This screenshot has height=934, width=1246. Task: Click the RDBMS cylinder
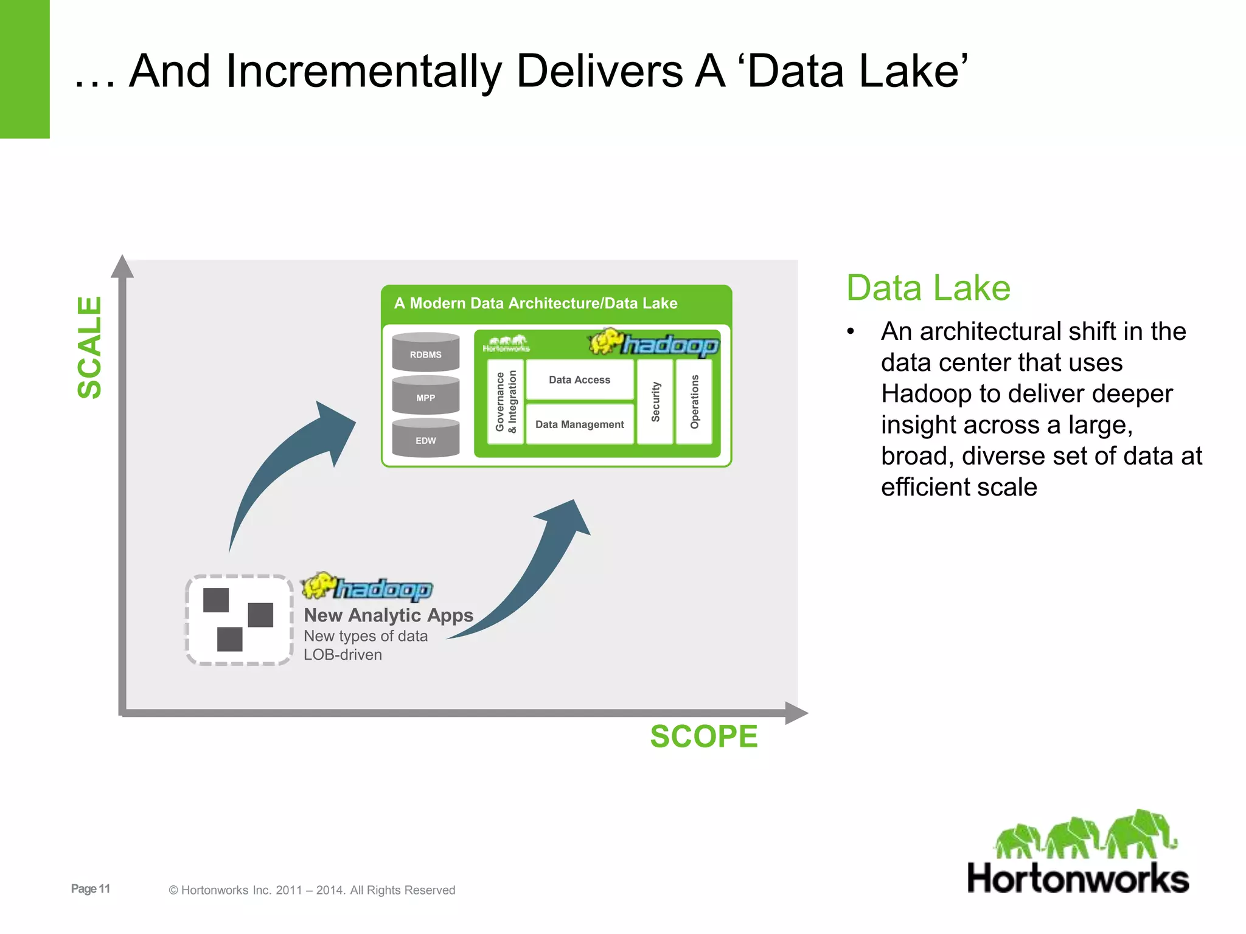pyautogui.click(x=425, y=353)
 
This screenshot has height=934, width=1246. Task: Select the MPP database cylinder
pyautogui.click(x=425, y=396)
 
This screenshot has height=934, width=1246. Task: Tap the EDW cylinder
pyautogui.click(x=425, y=439)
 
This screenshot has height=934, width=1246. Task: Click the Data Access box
pyautogui.click(x=579, y=379)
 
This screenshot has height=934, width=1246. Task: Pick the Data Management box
pyautogui.click(x=579, y=424)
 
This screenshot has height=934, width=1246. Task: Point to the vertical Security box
pyautogui.click(x=655, y=401)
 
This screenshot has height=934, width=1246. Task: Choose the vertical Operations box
pyautogui.click(x=694, y=401)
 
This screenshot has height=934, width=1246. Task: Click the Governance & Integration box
pyautogui.click(x=506, y=401)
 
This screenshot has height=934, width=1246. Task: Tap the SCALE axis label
pyautogui.click(x=89, y=347)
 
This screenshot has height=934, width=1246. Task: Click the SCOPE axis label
pyautogui.click(x=704, y=736)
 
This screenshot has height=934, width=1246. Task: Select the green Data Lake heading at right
pyautogui.click(x=928, y=288)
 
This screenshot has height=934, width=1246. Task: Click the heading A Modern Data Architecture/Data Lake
pyautogui.click(x=535, y=303)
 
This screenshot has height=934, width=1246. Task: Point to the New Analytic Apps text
pyautogui.click(x=388, y=615)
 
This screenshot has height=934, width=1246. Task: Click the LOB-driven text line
pyautogui.click(x=343, y=655)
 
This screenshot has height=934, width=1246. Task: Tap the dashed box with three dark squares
pyautogui.click(x=238, y=620)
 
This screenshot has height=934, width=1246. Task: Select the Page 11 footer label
pyautogui.click(x=91, y=888)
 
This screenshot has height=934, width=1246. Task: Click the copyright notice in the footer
pyautogui.click(x=311, y=890)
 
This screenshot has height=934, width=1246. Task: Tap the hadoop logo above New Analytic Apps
pyautogui.click(x=367, y=587)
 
